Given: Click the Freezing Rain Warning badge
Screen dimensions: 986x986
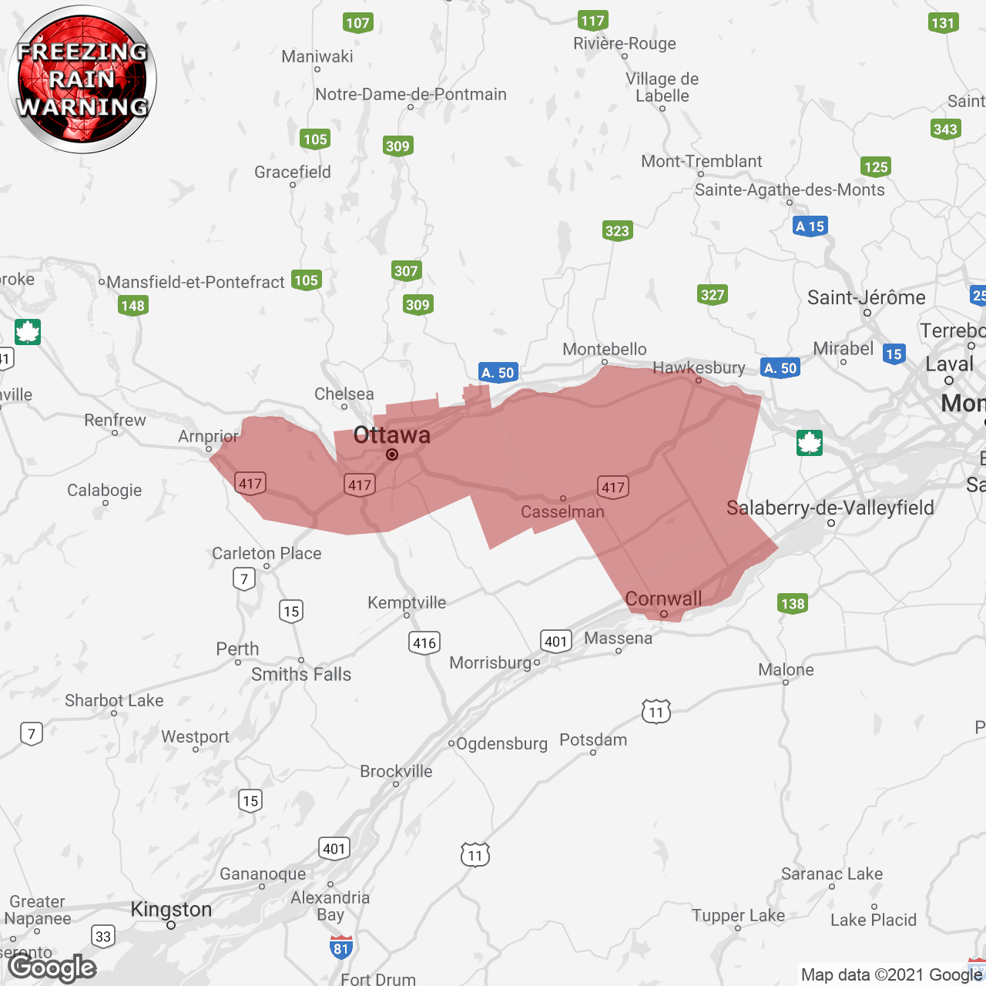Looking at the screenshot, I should (x=82, y=79).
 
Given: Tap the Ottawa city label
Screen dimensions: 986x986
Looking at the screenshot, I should (x=391, y=435).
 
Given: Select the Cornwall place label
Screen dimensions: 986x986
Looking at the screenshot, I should (x=663, y=599).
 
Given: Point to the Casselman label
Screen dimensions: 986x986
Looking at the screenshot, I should (x=562, y=511).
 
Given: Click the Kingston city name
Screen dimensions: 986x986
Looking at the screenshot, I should (x=171, y=909).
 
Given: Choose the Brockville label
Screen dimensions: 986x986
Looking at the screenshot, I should (x=396, y=771).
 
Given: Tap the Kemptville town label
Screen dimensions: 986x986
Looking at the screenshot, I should (x=407, y=602).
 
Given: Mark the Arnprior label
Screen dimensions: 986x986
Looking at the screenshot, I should (x=209, y=436).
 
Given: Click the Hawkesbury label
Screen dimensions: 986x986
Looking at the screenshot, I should (x=699, y=367).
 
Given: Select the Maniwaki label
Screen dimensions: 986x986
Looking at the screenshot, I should (x=317, y=56).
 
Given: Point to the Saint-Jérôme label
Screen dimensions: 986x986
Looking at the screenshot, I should (x=866, y=297).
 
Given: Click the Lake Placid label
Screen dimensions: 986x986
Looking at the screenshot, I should (x=874, y=920).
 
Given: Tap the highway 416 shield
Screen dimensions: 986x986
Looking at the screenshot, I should (x=424, y=642).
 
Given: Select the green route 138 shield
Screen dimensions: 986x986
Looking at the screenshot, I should (x=793, y=603).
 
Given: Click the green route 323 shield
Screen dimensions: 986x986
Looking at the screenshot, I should (x=617, y=230).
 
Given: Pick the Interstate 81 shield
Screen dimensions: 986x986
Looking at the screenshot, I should (x=341, y=947).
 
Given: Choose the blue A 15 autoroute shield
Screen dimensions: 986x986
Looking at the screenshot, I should (x=810, y=226).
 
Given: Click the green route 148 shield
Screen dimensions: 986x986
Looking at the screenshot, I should (x=133, y=306).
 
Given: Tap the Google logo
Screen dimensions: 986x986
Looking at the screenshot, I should (x=52, y=968).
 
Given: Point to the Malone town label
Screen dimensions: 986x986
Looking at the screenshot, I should (x=786, y=669).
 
